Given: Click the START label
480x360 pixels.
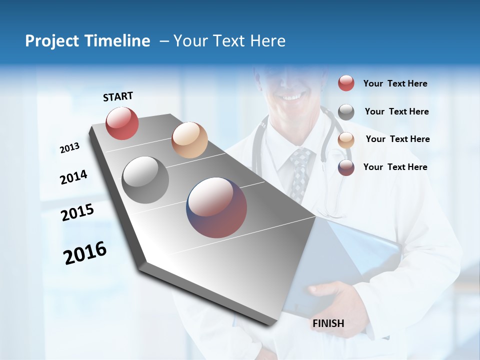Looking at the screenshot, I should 118,96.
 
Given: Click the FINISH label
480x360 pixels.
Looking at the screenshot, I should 328,323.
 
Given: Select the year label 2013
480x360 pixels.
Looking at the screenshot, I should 69,148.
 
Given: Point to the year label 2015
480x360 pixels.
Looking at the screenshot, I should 77,212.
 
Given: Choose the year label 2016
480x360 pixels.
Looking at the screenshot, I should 85,253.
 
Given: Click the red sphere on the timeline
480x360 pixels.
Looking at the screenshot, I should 122,123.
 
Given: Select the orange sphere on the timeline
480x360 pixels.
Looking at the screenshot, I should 189,140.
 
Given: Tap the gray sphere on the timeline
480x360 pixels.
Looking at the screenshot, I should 145,180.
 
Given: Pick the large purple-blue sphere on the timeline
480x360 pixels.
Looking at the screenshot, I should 217,207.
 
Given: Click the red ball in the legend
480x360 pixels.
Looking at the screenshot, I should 346,83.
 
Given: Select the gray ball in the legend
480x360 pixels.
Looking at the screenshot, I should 346,112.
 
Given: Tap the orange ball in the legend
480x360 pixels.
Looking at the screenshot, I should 346,140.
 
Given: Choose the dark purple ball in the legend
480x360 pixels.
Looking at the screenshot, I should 346,167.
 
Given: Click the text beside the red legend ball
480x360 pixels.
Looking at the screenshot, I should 395,84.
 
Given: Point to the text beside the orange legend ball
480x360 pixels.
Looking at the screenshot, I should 397,139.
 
